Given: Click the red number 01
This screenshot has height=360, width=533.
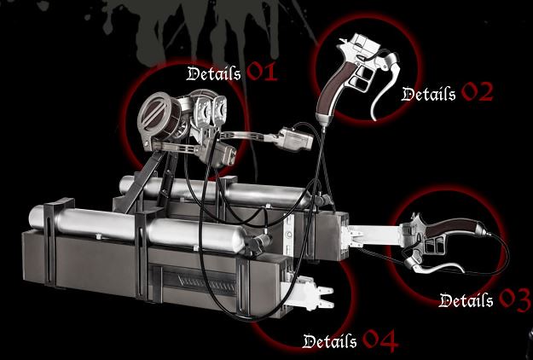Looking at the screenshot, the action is click(262, 72).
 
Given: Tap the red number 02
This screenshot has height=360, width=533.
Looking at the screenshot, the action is click(477, 92).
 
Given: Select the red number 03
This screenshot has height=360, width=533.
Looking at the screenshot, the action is click(515, 299).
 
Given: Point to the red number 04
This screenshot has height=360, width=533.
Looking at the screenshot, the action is click(380, 340).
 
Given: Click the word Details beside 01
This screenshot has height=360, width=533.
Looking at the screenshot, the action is click(214, 73).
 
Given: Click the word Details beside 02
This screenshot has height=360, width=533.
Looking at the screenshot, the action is click(429, 94).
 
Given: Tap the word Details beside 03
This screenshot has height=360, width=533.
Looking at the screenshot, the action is click(466, 299).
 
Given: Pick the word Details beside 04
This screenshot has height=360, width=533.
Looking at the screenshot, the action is click(330, 340).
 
